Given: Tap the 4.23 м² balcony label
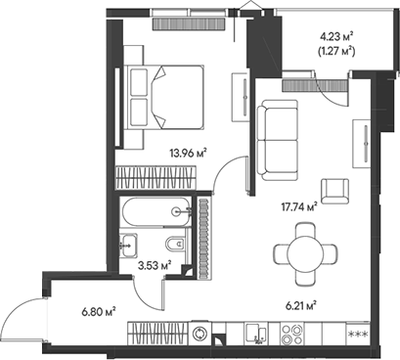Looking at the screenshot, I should (x=335, y=39).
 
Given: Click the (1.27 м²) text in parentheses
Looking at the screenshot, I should (x=335, y=55).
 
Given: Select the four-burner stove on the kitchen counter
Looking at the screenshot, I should (x=291, y=335).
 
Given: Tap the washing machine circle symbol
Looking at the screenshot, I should (x=201, y=335).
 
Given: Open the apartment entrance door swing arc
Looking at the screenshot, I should (x=24, y=315).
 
